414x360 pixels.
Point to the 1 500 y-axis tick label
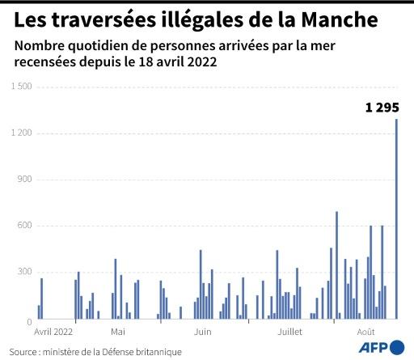tap(19, 87)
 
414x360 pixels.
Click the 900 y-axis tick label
tap(23, 179)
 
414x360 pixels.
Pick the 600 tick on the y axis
tap(23, 226)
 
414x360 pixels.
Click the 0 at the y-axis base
tap(27, 322)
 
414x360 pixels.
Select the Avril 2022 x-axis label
tap(53, 332)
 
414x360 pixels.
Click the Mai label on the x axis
tap(118, 332)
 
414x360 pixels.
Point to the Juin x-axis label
tap(202, 332)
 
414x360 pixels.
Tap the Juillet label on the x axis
tap(289, 332)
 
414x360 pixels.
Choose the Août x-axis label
tap(365, 332)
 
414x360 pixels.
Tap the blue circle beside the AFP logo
tap(397, 347)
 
